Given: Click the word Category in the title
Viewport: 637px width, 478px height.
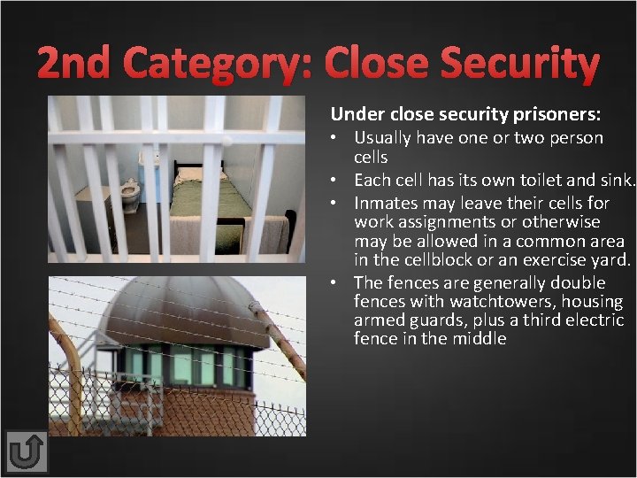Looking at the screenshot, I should tap(219, 64).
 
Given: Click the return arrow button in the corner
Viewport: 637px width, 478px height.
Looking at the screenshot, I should tap(26, 452).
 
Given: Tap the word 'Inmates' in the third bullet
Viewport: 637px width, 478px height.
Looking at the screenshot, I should tap(385, 203).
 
